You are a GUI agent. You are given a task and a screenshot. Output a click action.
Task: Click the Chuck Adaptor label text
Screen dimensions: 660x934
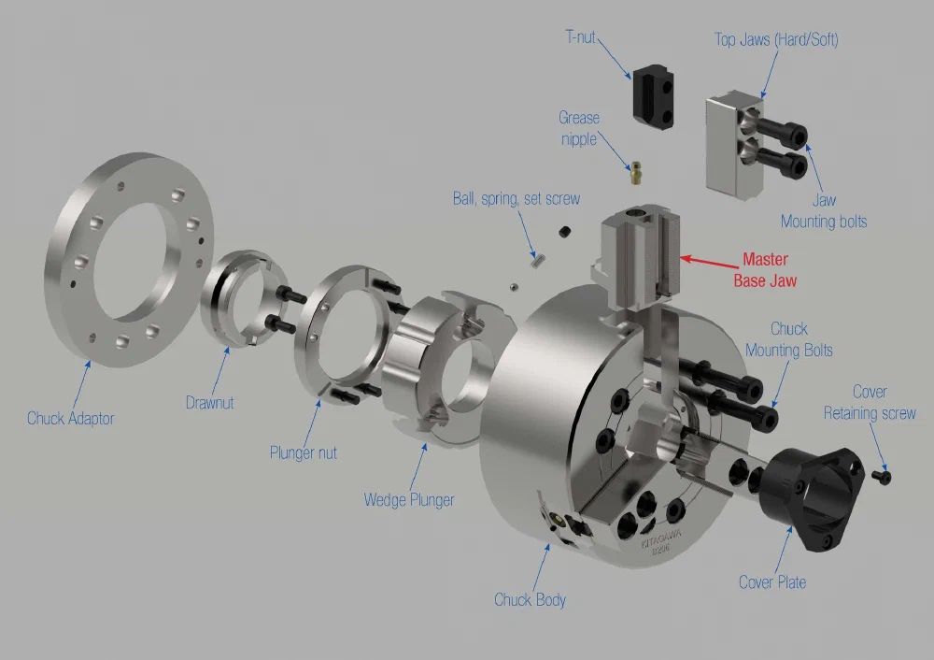(x=70, y=418)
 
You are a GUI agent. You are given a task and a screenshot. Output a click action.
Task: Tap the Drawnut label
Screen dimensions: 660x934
(x=209, y=403)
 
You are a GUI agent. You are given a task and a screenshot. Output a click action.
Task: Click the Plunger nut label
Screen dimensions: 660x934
(x=303, y=452)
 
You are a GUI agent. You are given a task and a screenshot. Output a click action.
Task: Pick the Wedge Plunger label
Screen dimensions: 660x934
(x=409, y=500)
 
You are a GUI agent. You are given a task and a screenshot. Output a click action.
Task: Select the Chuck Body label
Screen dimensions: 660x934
(x=530, y=599)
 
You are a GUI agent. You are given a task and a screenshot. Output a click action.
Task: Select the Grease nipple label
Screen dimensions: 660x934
(x=579, y=128)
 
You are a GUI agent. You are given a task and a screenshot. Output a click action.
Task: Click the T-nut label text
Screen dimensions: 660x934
(x=580, y=37)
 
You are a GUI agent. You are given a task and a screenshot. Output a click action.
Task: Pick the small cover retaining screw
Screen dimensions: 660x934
(x=883, y=477)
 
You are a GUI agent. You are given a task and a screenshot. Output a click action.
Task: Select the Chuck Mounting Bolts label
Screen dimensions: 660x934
(x=788, y=340)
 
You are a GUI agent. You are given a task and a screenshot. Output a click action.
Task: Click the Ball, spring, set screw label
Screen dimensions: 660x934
(x=516, y=198)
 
